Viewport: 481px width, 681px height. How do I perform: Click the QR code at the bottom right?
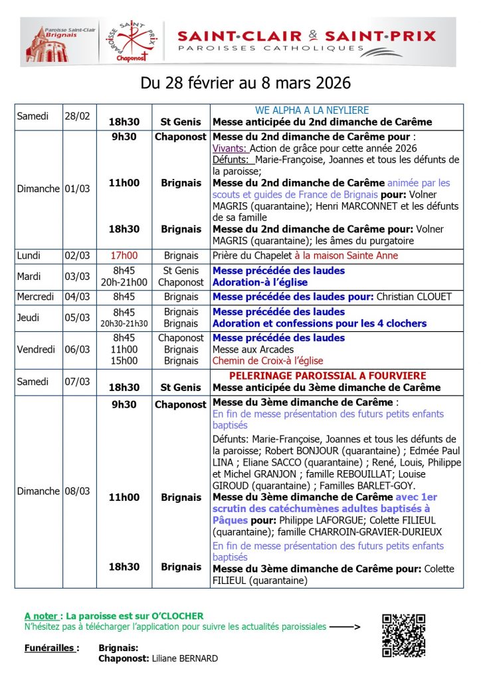pos(403,634)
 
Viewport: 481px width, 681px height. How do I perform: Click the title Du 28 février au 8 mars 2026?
pos(246,84)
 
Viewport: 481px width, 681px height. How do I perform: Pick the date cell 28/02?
pos(77,116)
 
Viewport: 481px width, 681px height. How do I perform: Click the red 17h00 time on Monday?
pos(124,255)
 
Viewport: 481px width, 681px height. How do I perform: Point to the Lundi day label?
pos(29,255)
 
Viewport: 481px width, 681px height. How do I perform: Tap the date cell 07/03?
pos(77,382)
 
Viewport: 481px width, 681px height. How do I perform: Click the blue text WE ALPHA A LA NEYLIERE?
pos(312,110)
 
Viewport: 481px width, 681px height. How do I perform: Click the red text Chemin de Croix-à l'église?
pos(268,361)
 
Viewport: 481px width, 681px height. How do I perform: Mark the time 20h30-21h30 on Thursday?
pos(124,324)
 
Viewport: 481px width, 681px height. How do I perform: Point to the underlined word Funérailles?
pos(52,647)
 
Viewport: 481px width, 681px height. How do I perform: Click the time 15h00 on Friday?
pos(124,361)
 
